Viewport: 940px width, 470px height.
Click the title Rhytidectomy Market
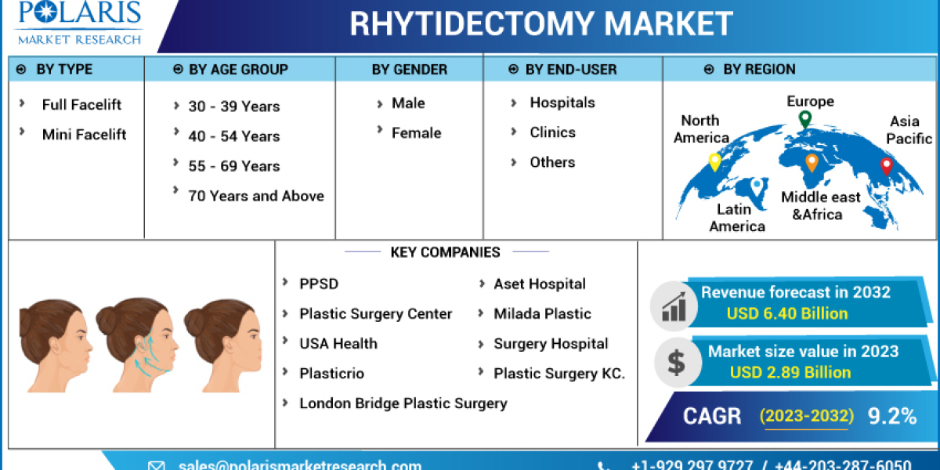[x=541, y=23]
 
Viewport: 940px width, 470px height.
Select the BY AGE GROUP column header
[x=238, y=70]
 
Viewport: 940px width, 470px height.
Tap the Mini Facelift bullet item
[x=84, y=135]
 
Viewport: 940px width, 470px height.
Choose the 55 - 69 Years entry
[x=233, y=166]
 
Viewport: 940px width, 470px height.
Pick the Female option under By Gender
[x=416, y=133]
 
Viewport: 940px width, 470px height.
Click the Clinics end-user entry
[x=552, y=132]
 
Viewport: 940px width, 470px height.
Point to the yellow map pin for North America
[x=714, y=162]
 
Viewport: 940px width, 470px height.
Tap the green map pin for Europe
[x=804, y=120]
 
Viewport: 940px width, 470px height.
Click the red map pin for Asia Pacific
[x=886, y=165]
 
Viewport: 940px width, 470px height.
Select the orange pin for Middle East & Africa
[x=812, y=162]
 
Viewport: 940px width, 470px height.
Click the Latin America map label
[x=737, y=218]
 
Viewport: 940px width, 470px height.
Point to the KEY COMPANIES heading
[x=445, y=252]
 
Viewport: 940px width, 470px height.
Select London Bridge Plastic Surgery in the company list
[x=403, y=403]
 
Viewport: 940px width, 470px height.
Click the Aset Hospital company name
[x=539, y=284]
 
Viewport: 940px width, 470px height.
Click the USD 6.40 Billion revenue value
[x=786, y=314]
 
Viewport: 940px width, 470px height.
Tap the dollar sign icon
[x=675, y=362]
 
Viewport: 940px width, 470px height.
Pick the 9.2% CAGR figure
[x=891, y=416]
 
